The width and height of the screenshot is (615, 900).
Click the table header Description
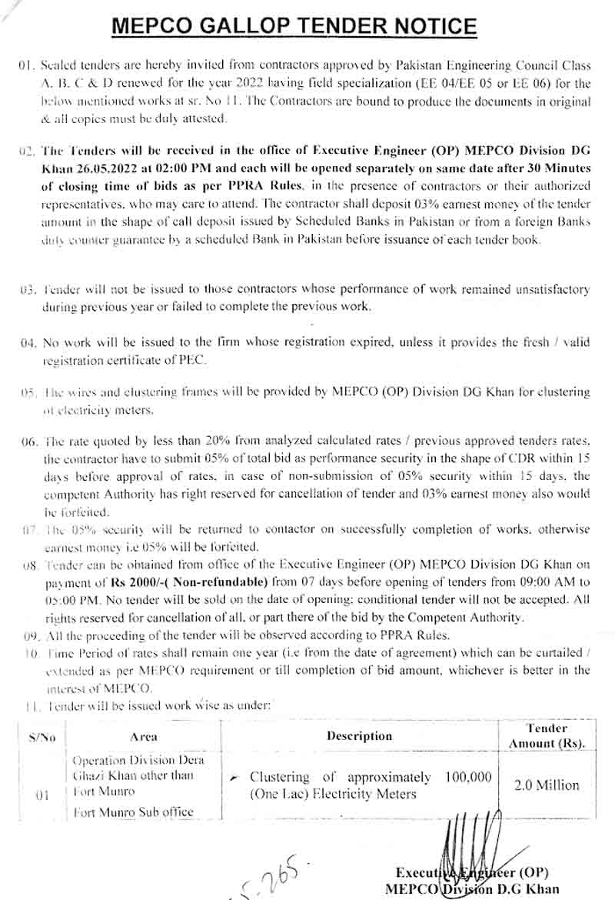[359, 735]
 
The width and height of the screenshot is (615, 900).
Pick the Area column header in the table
[144, 736]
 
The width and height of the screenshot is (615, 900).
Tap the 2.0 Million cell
[547, 785]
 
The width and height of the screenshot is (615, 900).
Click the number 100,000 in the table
[467, 777]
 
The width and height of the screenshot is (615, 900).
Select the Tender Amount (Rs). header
[547, 735]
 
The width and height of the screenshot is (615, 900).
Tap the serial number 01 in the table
[42, 795]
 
